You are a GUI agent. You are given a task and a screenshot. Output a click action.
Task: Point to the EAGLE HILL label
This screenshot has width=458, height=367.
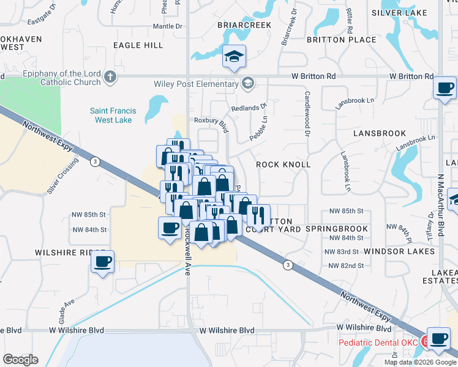click(138, 45)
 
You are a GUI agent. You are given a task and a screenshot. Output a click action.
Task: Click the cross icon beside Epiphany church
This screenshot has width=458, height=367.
click(110, 76)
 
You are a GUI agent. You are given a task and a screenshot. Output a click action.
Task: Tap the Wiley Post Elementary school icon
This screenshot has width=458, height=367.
click(248, 83)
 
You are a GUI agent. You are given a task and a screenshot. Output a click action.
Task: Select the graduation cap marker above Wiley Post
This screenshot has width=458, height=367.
click(234, 57)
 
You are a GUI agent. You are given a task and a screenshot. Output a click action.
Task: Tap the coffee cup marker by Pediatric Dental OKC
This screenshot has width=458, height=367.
click(438, 339)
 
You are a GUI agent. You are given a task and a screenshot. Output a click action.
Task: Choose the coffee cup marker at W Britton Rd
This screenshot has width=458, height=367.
click(445, 88)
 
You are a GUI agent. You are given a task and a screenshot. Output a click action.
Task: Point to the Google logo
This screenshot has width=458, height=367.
click(20, 359)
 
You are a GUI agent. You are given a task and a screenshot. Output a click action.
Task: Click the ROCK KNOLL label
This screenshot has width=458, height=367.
click(283, 165)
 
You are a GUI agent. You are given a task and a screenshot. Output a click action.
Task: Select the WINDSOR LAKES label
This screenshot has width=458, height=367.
click(399, 251)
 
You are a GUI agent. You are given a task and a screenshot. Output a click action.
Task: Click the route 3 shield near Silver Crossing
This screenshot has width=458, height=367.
click(95, 161)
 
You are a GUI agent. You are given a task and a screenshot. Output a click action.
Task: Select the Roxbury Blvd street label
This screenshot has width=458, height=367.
click(211, 122)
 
